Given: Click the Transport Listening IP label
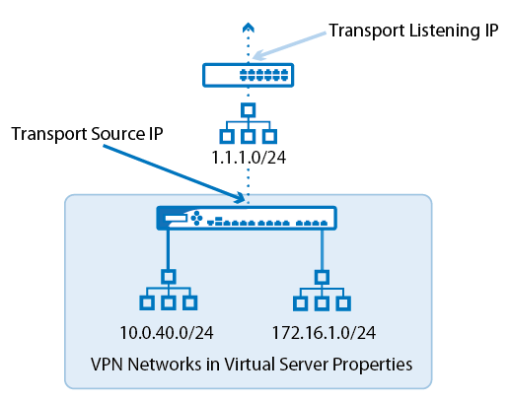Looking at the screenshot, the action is tap(413, 31).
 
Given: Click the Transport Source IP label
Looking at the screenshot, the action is tap(87, 134).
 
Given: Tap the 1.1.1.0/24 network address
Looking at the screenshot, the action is tap(249, 158).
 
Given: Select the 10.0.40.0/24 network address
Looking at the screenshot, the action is tap(167, 333).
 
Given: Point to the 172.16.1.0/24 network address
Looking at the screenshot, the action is tap(324, 333).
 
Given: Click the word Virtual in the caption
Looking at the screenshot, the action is tap(250, 365).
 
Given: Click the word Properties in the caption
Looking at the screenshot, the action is tap(372, 365).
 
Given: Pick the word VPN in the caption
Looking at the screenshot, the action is tap(108, 365).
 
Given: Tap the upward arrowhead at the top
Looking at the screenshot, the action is tap(249, 28).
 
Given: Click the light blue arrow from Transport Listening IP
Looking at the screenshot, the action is tap(289, 46).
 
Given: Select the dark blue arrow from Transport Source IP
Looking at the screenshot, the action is tap(174, 173).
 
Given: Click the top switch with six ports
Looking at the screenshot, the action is tap(249, 75).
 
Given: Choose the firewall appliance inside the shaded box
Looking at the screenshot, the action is tap(247, 218).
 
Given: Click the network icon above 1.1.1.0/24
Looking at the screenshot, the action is tap(249, 123).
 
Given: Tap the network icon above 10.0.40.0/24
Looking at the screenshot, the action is tap(169, 290).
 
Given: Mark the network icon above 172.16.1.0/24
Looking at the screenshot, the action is tap(322, 291).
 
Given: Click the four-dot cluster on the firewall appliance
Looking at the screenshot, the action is tap(196, 219).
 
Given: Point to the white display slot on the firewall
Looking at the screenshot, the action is tap(176, 219).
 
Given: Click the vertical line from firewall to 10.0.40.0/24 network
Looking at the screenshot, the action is tap(168, 249).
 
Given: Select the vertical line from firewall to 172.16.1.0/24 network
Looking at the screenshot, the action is tap(322, 250).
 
